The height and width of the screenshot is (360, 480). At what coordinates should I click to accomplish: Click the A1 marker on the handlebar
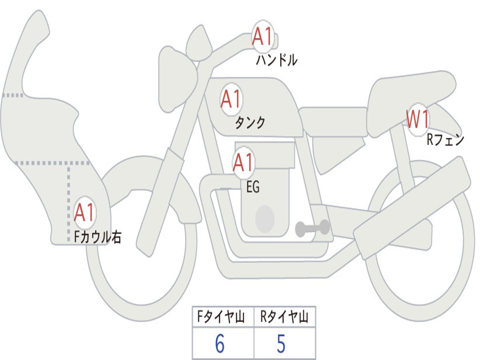point(262,36)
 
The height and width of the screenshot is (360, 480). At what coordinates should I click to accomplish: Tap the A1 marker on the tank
point(231,99)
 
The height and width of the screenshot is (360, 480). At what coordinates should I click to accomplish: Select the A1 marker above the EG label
point(243,162)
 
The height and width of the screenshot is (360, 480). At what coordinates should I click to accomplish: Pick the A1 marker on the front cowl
point(84,212)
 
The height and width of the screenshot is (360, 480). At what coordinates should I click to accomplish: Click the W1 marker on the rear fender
point(418,119)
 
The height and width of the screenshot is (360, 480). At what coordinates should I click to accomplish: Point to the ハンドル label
point(277,60)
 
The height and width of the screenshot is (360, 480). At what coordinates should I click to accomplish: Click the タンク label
point(250,123)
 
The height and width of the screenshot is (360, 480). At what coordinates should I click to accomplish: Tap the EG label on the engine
point(253,187)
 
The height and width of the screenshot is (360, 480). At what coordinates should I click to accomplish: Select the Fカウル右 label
point(97,237)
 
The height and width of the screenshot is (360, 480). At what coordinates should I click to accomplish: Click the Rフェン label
point(445,140)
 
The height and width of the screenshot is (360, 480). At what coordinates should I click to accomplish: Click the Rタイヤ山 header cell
point(285,316)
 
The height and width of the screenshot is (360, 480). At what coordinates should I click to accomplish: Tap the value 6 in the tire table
point(220,344)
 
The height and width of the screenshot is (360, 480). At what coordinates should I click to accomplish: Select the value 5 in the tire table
point(281,344)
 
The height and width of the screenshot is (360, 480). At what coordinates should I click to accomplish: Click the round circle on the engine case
point(265,219)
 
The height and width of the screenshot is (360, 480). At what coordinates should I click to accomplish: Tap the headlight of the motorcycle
point(178,80)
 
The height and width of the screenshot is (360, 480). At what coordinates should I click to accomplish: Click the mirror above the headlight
point(199,43)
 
